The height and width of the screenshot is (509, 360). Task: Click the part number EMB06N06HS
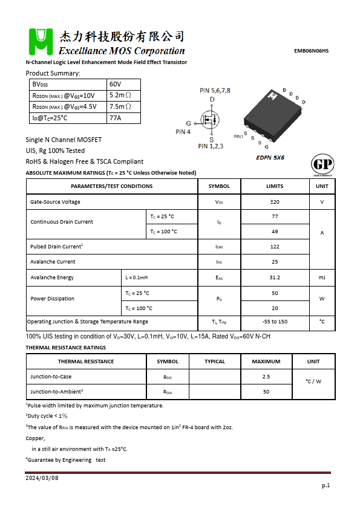[311, 51]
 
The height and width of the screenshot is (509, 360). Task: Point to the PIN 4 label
[183, 131]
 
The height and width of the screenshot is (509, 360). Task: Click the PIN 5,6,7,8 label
[215, 90]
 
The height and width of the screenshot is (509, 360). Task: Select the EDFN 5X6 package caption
[270, 157]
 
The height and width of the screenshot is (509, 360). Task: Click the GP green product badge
[321, 165]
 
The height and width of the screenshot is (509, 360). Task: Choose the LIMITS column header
[275, 186]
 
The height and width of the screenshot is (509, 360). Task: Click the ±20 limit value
[275, 202]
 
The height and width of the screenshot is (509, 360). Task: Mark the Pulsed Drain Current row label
[56, 247]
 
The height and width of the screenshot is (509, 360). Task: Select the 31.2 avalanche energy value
[275, 277]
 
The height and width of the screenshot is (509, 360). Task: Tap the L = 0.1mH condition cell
[136, 277]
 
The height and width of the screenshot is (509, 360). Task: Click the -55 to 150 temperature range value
[275, 322]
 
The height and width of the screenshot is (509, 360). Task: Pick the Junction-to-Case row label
[51, 377]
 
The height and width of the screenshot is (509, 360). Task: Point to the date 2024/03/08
[42, 478]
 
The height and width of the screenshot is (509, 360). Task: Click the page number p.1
[325, 485]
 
